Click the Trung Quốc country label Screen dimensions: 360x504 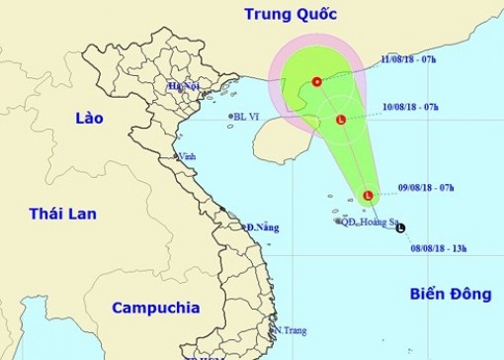293,15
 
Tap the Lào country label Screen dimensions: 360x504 89,119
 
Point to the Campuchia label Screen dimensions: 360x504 155,308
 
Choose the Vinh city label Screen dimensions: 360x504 186,156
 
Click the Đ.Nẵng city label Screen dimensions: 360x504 262,227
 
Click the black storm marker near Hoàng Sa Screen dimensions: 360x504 400,228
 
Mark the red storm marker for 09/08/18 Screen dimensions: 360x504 368,197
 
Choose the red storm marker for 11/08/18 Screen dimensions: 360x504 316,82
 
